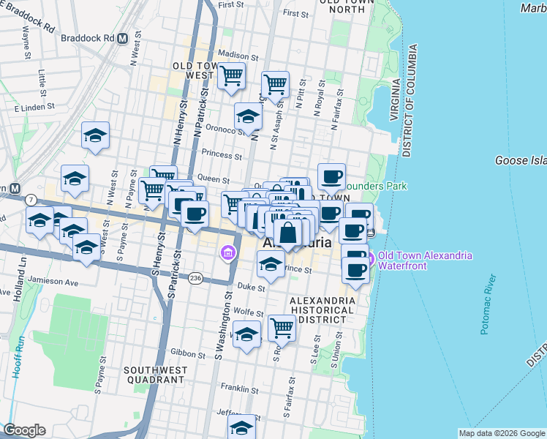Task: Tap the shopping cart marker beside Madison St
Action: [231, 75]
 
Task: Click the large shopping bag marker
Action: [288, 234]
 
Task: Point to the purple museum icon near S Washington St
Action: [229, 253]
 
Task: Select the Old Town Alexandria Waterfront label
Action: [424, 260]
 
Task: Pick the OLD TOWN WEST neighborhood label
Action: [193, 70]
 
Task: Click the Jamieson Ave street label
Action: [53, 280]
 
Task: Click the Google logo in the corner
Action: [24, 430]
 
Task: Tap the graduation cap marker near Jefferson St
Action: [242, 427]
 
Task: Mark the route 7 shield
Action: [31, 200]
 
